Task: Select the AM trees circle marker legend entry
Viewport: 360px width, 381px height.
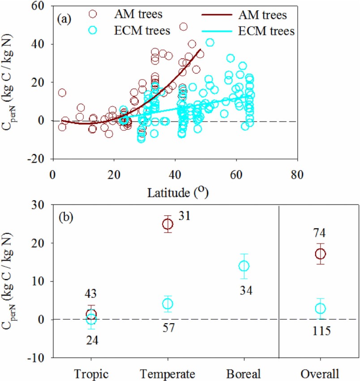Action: tap(93, 14)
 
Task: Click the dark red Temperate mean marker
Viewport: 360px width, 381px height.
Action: tap(167, 224)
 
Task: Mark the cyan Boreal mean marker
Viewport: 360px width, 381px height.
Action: tap(244, 266)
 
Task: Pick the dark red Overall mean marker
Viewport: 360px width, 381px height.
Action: tap(321, 254)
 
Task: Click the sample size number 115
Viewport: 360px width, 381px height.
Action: tap(321, 331)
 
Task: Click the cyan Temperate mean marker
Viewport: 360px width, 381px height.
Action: tap(167, 304)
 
